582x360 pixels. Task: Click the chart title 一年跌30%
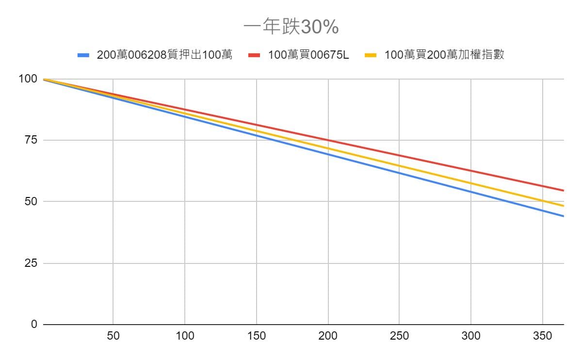[291, 28]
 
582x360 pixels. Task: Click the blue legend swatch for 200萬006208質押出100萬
[84, 55]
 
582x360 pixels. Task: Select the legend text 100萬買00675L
[308, 55]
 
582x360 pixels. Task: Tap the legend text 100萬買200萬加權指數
[444, 55]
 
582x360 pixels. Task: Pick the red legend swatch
[255, 55]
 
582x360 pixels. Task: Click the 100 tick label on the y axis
[28, 79]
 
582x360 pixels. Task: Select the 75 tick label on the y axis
[31, 140]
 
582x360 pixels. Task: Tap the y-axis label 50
[31, 201]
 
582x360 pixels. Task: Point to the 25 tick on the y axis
[31, 263]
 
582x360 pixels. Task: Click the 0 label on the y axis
[34, 324]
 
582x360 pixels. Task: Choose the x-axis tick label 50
[113, 336]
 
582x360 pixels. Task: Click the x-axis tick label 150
[257, 336]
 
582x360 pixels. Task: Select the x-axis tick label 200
[328, 336]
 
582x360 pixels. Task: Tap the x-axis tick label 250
[400, 336]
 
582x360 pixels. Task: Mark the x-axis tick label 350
[543, 336]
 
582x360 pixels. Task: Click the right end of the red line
[563, 190]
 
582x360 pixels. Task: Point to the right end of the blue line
[563, 216]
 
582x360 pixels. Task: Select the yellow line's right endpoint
[563, 206]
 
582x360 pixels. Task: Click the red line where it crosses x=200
[328, 140]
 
